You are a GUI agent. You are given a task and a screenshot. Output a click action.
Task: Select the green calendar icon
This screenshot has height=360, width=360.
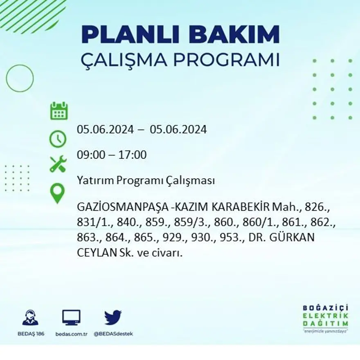59,111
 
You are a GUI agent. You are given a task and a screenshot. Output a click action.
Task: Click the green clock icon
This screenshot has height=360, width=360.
58,139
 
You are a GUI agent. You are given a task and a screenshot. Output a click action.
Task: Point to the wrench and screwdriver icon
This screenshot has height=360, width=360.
58,164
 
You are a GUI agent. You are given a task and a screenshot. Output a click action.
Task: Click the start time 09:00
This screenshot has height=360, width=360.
89,155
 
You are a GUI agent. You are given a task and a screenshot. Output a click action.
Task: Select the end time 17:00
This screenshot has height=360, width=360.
133,155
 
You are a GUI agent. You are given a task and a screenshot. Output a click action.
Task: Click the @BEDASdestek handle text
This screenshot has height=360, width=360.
113,334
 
